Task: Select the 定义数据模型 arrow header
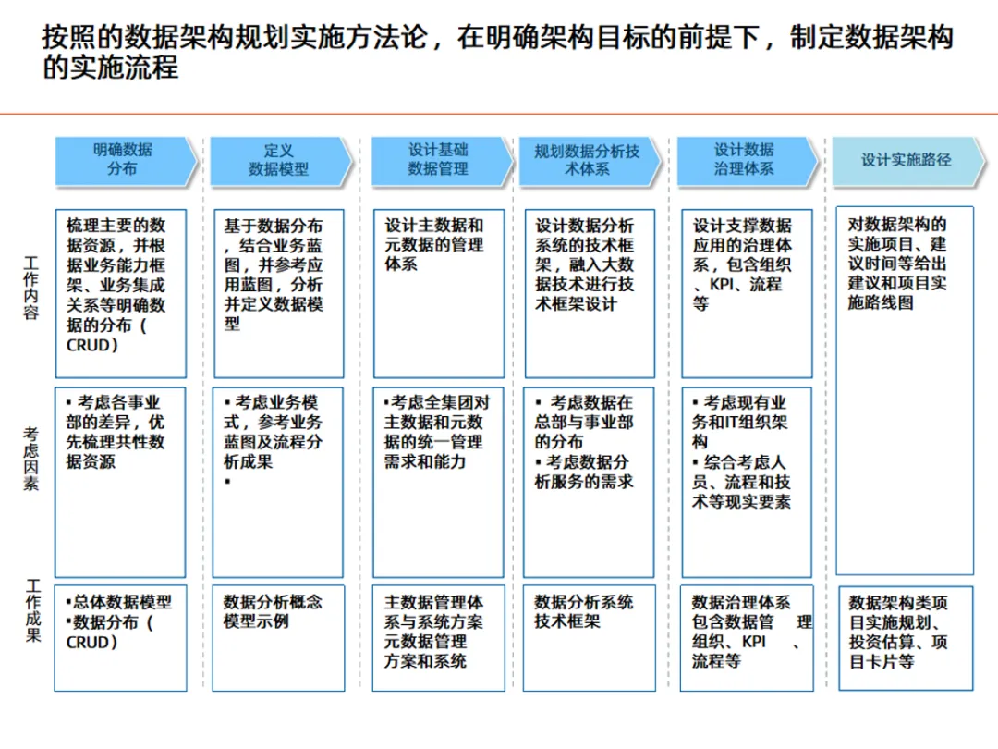coord(279,160)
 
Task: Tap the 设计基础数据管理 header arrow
coord(439,160)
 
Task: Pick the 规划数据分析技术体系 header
coord(588,160)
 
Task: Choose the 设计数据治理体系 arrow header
coord(745,160)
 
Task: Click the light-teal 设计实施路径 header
coord(905,160)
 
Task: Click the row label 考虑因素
coord(32,459)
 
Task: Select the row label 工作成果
coord(32,610)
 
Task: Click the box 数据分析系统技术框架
coord(589,637)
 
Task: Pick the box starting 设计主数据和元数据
coord(438,293)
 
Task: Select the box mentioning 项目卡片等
coord(905,637)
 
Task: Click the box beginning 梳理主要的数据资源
coord(120,293)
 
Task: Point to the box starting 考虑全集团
coord(438,482)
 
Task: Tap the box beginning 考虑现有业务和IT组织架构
coord(746,482)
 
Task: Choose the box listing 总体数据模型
coord(120,637)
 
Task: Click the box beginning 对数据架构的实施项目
coord(905,389)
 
